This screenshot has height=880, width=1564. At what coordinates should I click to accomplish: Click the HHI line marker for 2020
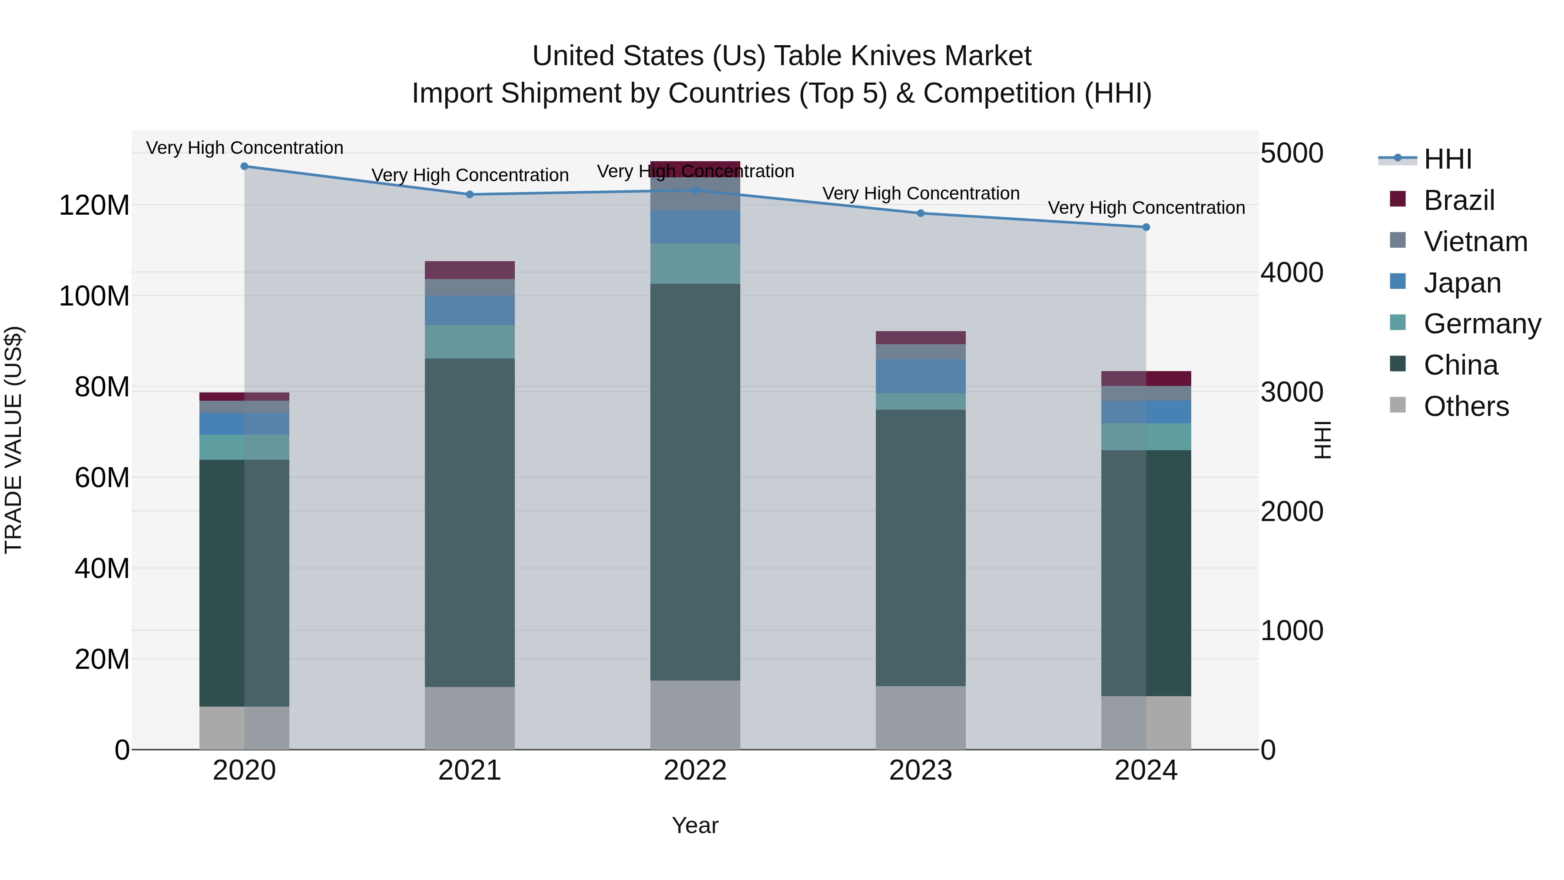click(x=244, y=166)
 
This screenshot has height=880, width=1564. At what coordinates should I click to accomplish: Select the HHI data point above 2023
click(x=921, y=213)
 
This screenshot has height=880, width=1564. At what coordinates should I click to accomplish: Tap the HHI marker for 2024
click(x=1146, y=227)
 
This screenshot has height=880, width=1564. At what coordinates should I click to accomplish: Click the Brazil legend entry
click(x=1458, y=200)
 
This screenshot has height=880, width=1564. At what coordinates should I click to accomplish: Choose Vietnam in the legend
click(x=1475, y=242)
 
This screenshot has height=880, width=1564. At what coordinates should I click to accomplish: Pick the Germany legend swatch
click(x=1398, y=322)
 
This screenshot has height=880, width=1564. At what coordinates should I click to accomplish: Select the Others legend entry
click(x=1466, y=406)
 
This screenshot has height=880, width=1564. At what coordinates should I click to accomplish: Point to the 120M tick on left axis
click(x=94, y=205)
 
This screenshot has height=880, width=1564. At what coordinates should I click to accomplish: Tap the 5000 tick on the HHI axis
click(x=1292, y=153)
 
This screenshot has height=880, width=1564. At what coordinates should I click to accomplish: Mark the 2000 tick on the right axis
click(x=1292, y=511)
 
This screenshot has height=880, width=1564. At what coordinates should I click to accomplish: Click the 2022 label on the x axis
click(x=695, y=770)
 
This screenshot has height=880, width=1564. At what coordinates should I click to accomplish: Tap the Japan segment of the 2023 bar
click(x=921, y=376)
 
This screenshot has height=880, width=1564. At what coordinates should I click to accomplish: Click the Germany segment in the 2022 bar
click(x=695, y=264)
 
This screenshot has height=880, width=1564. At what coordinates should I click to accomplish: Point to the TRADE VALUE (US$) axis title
click(x=13, y=440)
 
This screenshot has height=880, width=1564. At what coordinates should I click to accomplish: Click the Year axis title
click(x=695, y=825)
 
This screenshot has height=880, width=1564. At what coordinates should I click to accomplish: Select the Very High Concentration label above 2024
click(x=1146, y=208)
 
